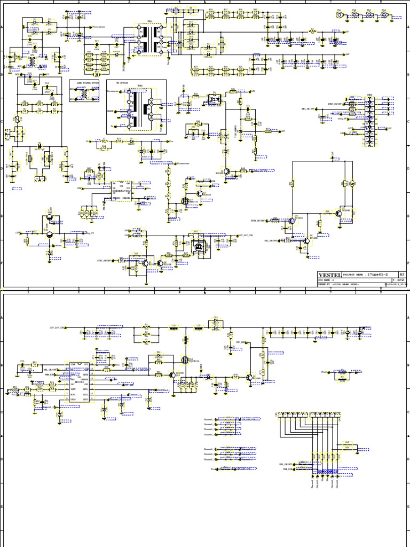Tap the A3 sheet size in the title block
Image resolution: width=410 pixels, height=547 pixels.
pyautogui.click(x=402, y=274)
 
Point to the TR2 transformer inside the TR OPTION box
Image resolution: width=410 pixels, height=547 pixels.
pyautogui.click(x=140, y=107)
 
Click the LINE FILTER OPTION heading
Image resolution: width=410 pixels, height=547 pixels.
pyautogui.click(x=84, y=82)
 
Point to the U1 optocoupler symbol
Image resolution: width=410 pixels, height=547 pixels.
pyautogui.click(x=216, y=99)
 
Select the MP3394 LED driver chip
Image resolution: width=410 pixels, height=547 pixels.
pyautogui.click(x=78, y=382)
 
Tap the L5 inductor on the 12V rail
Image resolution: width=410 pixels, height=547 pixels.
pyautogui.click(x=313, y=32)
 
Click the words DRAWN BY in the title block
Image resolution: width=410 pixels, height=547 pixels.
pyautogui.click(x=326, y=285)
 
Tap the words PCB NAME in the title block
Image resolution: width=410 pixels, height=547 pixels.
pyautogui.click(x=326, y=279)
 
